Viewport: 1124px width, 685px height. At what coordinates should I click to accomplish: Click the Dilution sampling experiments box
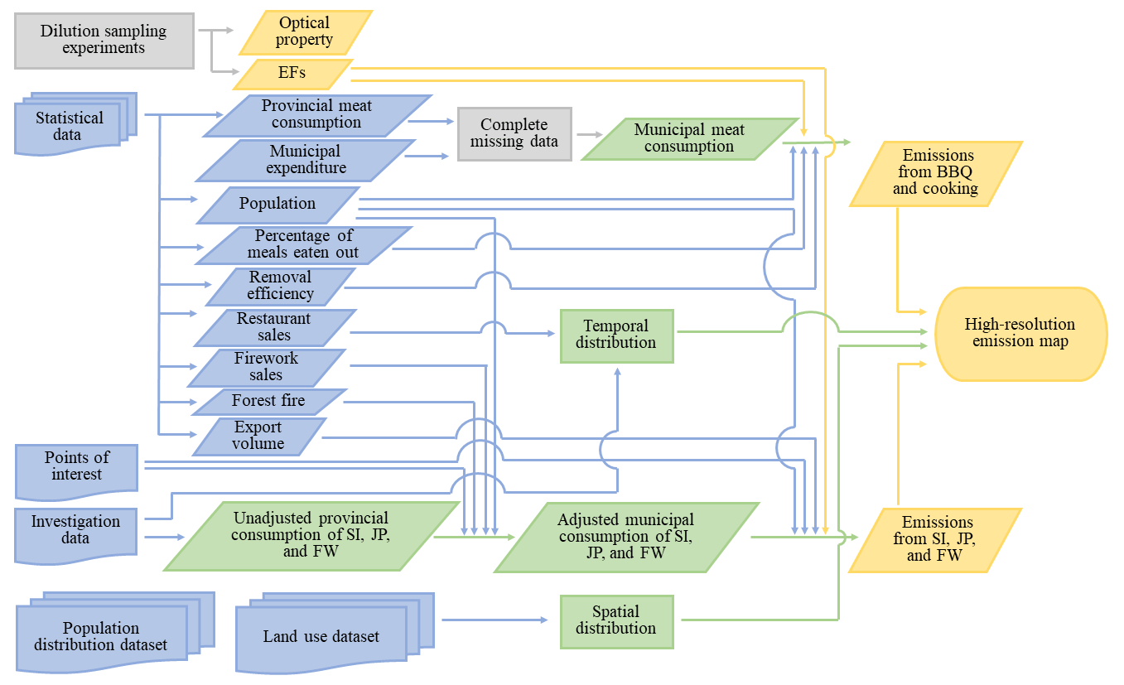click(x=104, y=40)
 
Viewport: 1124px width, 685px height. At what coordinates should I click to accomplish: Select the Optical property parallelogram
click(x=305, y=31)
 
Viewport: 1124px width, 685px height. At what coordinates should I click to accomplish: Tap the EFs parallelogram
click(x=292, y=73)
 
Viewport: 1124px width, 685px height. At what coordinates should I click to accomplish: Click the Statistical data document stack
click(x=70, y=126)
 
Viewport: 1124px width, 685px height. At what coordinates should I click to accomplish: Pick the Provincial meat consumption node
click(x=316, y=114)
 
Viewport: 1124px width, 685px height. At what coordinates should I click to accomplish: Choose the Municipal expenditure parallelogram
click(x=305, y=160)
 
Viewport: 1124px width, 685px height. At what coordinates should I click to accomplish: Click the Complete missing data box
click(x=514, y=133)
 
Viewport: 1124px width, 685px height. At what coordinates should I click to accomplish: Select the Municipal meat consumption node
click(x=689, y=138)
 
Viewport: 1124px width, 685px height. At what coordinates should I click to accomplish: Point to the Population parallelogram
click(x=277, y=204)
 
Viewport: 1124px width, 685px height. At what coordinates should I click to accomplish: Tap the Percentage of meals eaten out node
click(x=303, y=244)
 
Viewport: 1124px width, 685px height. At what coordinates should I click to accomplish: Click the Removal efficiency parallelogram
click(x=281, y=286)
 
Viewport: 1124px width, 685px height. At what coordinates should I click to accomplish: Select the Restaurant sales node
click(x=274, y=327)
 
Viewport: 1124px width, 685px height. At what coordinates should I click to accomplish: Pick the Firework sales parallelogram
click(x=266, y=367)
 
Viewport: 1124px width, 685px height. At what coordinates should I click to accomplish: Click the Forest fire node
click(x=268, y=401)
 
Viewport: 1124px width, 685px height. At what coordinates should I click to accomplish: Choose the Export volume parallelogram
click(x=258, y=436)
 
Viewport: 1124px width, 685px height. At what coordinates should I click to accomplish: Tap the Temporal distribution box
click(x=617, y=335)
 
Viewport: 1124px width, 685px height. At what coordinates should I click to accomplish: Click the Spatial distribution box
click(x=617, y=620)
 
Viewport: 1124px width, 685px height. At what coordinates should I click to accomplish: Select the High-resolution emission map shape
click(x=1020, y=333)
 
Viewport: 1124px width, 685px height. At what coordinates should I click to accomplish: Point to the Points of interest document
click(x=76, y=468)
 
